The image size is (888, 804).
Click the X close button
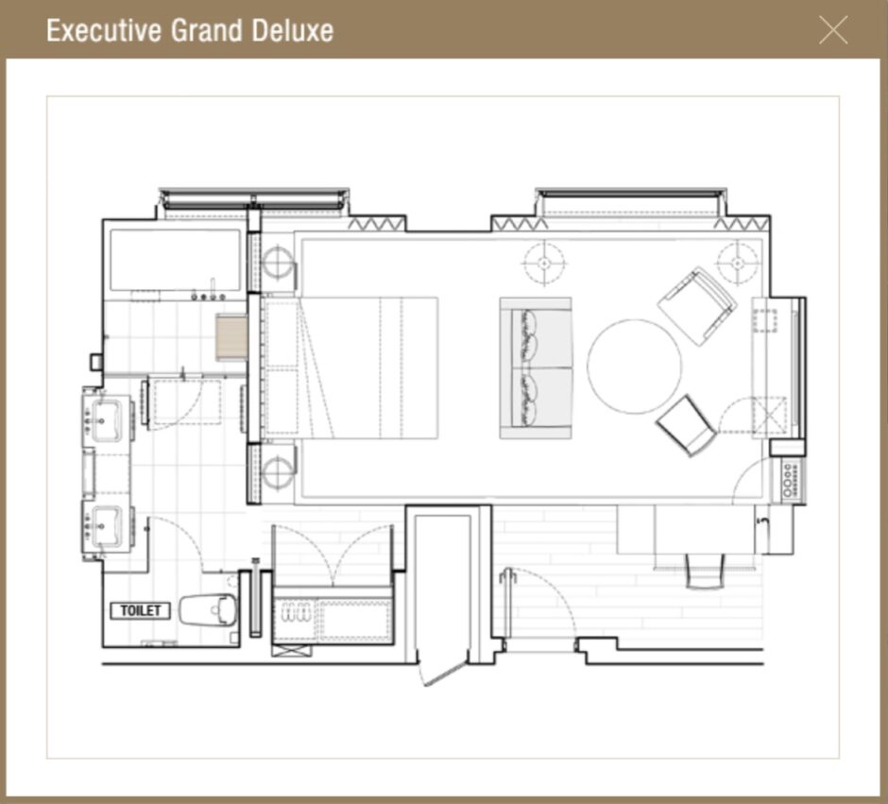pyautogui.click(x=833, y=30)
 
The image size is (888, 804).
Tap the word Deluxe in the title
pyautogui.click(x=292, y=30)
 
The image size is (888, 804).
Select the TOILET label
pyautogui.click(x=141, y=610)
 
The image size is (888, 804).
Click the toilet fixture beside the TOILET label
pyautogui.click(x=208, y=609)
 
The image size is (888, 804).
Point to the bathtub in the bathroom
pyautogui.click(x=175, y=260)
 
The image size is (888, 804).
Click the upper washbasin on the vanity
pyautogui.click(x=106, y=419)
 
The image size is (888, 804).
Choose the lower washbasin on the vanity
pyautogui.click(x=106, y=526)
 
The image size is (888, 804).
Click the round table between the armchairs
pyautogui.click(x=634, y=367)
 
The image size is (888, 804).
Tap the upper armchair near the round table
pyautogui.click(x=697, y=306)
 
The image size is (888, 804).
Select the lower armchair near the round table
pyautogui.click(x=686, y=424)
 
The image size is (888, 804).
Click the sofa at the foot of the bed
pyautogui.click(x=536, y=368)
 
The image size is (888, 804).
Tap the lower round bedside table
pyautogui.click(x=278, y=472)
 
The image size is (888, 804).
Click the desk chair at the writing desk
pyautogui.click(x=705, y=571)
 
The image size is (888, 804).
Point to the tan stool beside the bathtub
pyautogui.click(x=231, y=337)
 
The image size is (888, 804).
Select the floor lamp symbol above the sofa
pyautogui.click(x=544, y=263)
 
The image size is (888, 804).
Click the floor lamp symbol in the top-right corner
pyautogui.click(x=738, y=263)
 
